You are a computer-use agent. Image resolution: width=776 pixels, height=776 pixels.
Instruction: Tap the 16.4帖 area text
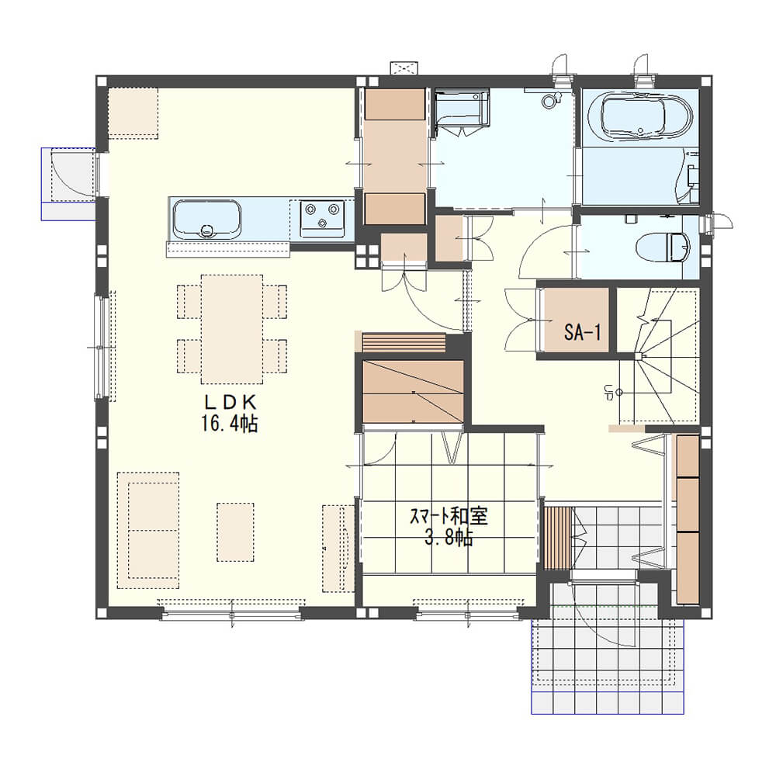(x=229, y=424)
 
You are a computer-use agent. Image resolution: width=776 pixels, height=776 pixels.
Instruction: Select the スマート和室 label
(x=449, y=516)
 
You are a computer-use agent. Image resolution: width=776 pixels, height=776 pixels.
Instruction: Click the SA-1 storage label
(x=583, y=332)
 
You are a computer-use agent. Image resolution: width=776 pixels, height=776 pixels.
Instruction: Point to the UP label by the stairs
(x=608, y=393)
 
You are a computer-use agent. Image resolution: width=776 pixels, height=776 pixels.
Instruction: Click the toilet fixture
(x=663, y=248)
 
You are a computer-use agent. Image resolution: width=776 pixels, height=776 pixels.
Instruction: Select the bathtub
(x=640, y=116)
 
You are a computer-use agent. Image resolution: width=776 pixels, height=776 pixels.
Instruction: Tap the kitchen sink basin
(x=207, y=220)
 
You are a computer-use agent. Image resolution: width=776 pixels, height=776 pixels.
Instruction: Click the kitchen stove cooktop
(x=323, y=218)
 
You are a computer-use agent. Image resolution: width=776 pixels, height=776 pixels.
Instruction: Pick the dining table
(x=232, y=329)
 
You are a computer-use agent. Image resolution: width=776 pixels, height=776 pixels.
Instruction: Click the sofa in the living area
(x=148, y=530)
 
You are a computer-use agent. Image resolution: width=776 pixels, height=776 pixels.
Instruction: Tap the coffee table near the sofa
(x=236, y=532)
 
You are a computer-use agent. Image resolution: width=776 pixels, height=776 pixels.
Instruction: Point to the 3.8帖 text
(x=449, y=537)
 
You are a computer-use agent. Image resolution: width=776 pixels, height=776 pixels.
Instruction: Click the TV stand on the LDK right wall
(x=338, y=549)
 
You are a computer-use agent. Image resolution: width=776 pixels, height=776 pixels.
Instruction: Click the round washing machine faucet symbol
(x=549, y=102)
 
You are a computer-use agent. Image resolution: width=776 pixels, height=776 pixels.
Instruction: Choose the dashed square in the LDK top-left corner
(x=133, y=113)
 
